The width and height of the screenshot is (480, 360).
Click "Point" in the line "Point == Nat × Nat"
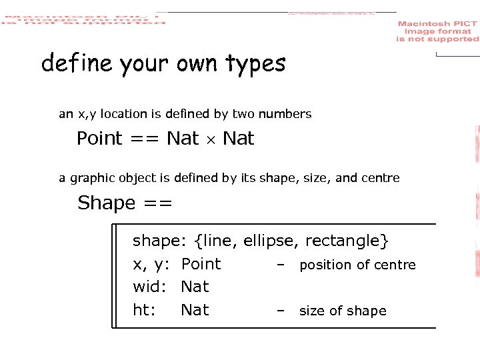click(99, 139)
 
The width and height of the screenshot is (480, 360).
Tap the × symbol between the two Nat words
click(211, 139)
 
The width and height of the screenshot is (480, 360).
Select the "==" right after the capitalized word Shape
click(157, 203)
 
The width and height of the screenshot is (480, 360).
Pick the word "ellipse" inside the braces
click(267, 240)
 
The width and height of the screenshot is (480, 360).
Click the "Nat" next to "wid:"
click(195, 287)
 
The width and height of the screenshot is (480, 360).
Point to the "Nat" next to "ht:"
click(195, 310)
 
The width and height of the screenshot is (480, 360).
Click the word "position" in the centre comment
click(325, 265)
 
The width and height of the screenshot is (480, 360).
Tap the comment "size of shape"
click(343, 311)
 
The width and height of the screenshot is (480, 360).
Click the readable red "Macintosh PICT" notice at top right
click(437, 31)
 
